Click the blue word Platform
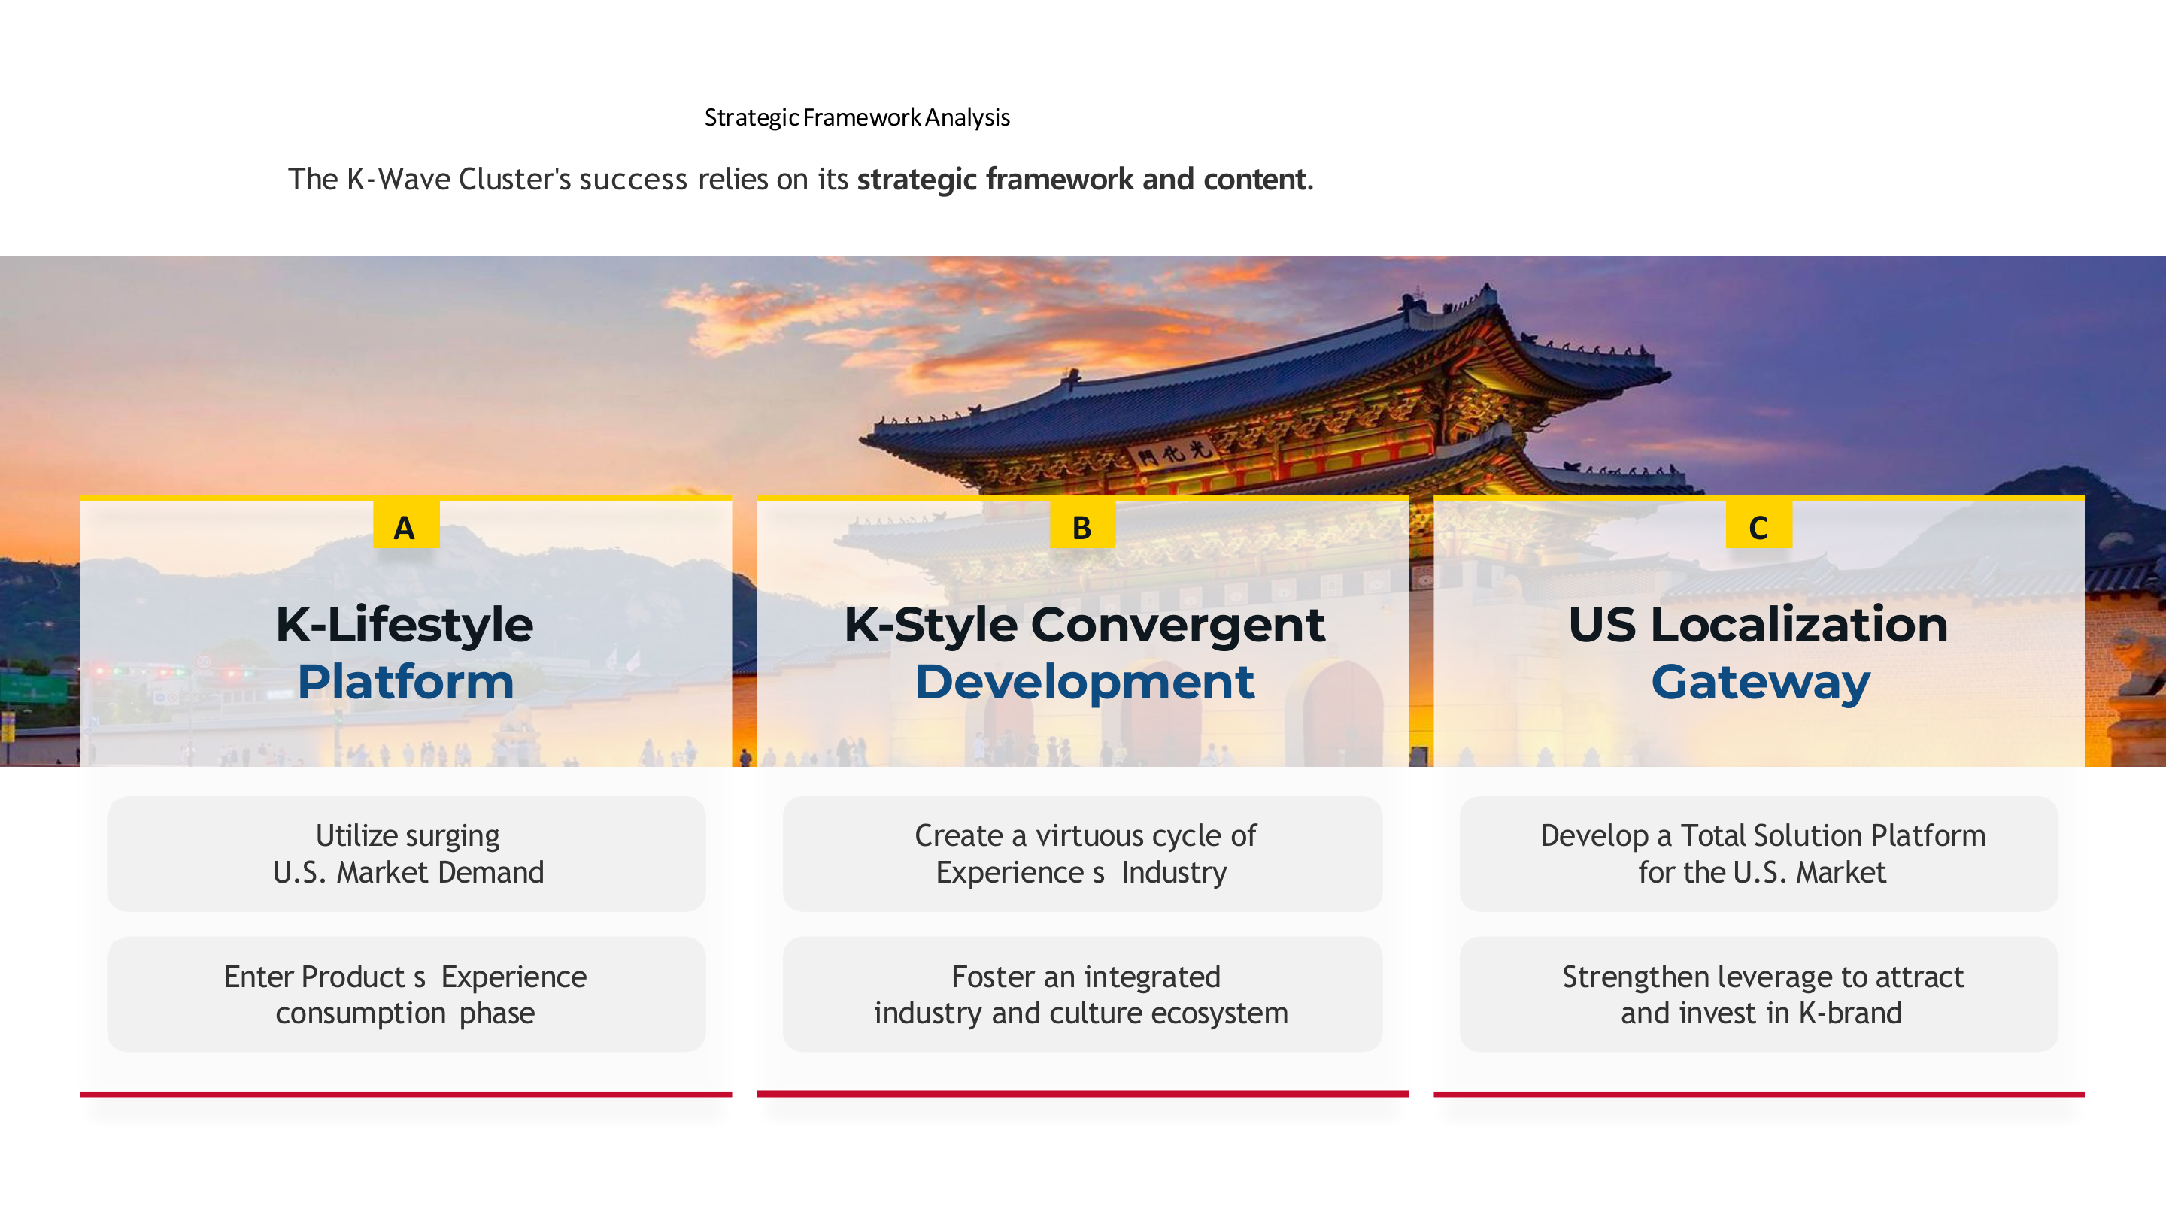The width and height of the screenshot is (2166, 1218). click(x=405, y=681)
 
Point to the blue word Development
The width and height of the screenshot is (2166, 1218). click(x=1085, y=681)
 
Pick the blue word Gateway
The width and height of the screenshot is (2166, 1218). click(x=1761, y=683)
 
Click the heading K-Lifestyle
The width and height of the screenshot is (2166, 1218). click(x=405, y=626)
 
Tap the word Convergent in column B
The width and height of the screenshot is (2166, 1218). click(x=1177, y=626)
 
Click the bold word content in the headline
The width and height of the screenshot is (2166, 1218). click(x=1254, y=179)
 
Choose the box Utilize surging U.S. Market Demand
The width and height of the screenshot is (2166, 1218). click(x=406, y=854)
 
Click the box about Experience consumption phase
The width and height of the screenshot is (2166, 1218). click(x=406, y=995)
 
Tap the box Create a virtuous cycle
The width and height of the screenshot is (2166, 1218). click(x=1083, y=854)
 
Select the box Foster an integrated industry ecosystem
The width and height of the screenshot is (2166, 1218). click(x=1083, y=995)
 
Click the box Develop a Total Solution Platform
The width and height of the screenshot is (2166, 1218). click(x=1759, y=854)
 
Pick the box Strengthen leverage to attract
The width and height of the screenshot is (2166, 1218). click(x=1759, y=995)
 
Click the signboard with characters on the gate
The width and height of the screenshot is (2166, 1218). click(x=1175, y=454)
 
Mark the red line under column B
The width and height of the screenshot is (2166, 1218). click(x=1083, y=1095)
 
